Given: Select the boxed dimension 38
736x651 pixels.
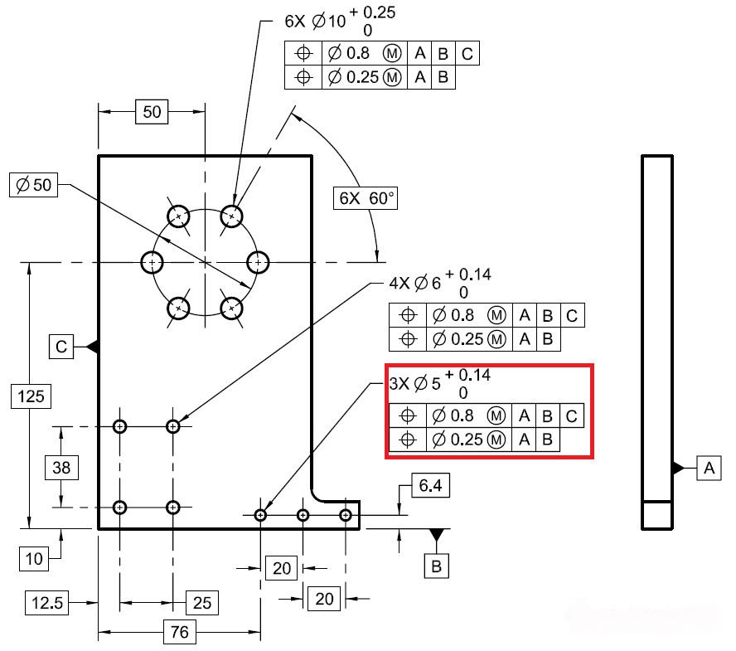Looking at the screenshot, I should tap(62, 468).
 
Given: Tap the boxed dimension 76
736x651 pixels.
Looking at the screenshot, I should tap(178, 633).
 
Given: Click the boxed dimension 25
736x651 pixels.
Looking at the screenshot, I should tap(202, 603).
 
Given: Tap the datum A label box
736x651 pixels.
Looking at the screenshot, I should tap(708, 468).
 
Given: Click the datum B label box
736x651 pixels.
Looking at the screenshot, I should tap(436, 566).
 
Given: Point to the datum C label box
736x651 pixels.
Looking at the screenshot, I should tap(62, 347).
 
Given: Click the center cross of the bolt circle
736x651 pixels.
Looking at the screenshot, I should tap(205, 262).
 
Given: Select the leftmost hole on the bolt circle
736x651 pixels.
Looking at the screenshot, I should tap(152, 262).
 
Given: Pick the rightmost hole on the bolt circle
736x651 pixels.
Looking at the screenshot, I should tap(259, 262).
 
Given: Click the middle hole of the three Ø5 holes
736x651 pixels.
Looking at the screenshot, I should tap(303, 515).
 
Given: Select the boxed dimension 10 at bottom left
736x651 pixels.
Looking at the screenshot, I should tap(34, 558).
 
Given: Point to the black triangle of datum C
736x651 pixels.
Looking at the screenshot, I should tap(92, 347).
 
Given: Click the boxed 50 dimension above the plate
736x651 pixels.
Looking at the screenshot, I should tap(152, 112).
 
